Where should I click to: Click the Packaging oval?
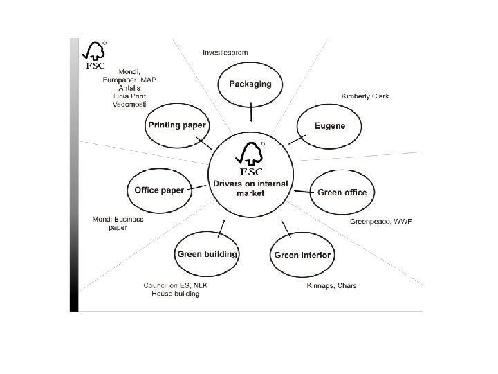[x=251, y=84]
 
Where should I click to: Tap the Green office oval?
[x=342, y=192]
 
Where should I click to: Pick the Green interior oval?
[x=302, y=255]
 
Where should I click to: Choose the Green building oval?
[x=207, y=254]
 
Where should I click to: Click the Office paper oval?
[x=160, y=190]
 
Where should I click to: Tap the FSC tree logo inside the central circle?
[x=251, y=158]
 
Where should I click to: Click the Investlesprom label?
[x=225, y=52]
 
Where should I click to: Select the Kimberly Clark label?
[x=365, y=96]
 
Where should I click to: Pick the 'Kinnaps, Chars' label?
[x=331, y=286]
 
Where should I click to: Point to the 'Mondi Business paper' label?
[x=118, y=223]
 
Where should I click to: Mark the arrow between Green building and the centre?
[x=221, y=227]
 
